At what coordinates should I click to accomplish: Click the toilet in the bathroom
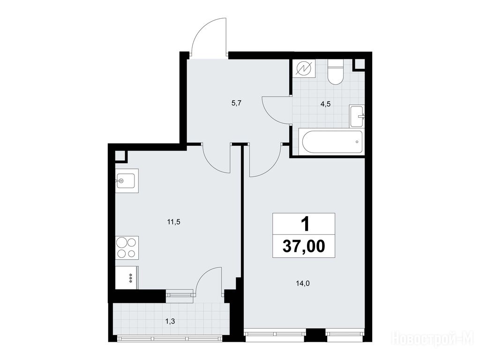tap(336, 72)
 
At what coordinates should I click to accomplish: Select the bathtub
tap(332, 142)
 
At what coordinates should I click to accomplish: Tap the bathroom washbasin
tap(357, 116)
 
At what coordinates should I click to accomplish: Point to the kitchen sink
tap(127, 180)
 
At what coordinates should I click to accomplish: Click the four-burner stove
tap(127, 247)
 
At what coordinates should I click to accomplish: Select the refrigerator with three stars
tap(127, 277)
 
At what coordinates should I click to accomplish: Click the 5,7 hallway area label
tap(237, 103)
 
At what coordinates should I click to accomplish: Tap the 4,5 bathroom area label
tap(325, 104)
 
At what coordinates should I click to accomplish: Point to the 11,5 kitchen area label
tap(173, 222)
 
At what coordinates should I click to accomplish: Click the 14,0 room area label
tap(303, 284)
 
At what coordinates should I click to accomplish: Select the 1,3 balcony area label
tap(170, 321)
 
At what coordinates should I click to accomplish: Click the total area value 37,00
tap(304, 247)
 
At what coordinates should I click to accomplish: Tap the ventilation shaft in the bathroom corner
tap(360, 65)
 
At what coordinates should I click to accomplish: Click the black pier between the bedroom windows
tap(315, 335)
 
